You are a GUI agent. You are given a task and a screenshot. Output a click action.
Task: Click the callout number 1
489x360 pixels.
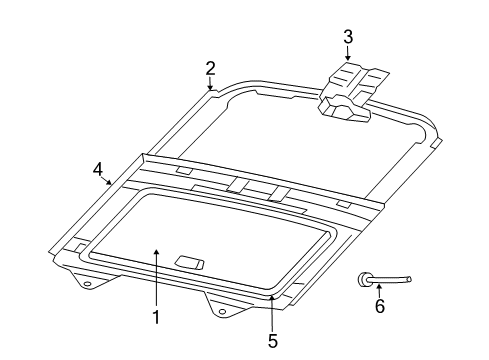click(x=156, y=317)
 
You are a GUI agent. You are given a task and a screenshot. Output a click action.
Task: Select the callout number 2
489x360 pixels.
click(x=211, y=68)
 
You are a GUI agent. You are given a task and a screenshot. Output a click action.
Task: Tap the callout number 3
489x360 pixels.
click(x=347, y=38)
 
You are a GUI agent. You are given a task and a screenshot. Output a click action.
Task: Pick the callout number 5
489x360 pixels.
click(x=273, y=339)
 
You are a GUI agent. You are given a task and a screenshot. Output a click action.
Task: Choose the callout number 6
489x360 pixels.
click(x=379, y=307)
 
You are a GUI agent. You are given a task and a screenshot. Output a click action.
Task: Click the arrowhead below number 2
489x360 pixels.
click(x=211, y=89)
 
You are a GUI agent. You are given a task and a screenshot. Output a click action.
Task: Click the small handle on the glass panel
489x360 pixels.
click(x=189, y=263)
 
